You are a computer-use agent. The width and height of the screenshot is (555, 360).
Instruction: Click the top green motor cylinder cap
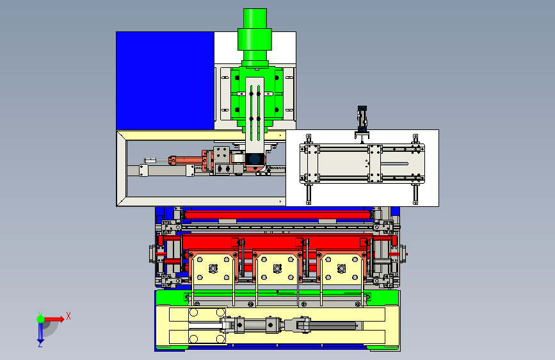[x=255, y=19]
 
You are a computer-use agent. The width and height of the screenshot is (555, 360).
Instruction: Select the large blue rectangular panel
[x=165, y=81]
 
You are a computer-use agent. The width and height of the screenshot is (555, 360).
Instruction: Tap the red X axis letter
[x=68, y=316]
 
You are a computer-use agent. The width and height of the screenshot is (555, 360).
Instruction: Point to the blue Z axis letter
[x=40, y=344]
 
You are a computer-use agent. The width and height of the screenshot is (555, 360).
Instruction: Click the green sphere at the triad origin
[x=40, y=319]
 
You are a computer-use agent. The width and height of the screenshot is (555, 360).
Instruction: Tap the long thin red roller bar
[x=278, y=215]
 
